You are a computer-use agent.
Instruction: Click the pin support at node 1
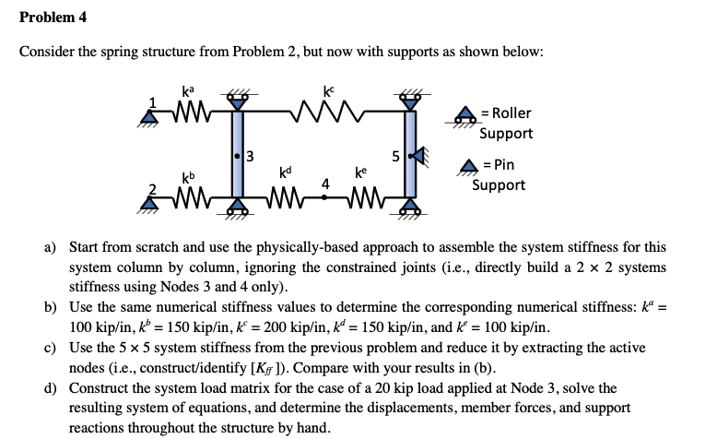point(147,116)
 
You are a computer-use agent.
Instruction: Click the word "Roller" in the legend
point(512,113)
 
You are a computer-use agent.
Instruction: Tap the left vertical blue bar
point(238,155)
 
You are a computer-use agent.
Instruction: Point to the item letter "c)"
point(53,349)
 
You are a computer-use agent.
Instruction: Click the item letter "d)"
point(53,389)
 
